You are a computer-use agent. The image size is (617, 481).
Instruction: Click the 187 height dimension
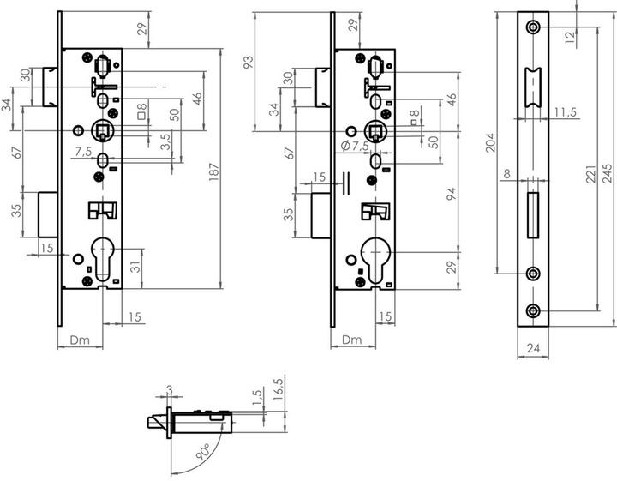[213, 171]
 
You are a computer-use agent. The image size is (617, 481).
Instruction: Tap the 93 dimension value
[249, 63]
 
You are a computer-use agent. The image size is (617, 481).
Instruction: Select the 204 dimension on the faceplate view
[490, 142]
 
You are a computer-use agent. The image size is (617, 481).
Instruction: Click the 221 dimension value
[590, 173]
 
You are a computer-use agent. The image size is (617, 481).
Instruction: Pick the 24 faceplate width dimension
[533, 348]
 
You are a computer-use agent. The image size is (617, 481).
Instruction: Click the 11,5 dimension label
[566, 112]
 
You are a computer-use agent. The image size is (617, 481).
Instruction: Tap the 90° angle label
[203, 451]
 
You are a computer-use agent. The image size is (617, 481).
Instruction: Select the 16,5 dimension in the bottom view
[279, 389]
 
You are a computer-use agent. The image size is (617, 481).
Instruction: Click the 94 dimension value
[452, 194]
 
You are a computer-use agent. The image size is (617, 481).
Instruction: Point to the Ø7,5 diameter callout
[355, 146]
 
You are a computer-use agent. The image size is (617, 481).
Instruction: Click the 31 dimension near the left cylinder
[135, 267]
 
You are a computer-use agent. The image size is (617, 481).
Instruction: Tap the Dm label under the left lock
[80, 340]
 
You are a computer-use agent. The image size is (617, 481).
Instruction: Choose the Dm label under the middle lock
[352, 340]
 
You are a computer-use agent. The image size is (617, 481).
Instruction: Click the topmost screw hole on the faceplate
[533, 27]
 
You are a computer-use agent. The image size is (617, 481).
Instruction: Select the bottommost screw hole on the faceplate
[533, 310]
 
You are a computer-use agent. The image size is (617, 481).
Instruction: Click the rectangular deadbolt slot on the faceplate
[533, 215]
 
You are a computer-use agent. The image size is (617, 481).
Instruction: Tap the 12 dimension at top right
[569, 38]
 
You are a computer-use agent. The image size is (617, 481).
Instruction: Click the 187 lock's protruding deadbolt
[48, 214]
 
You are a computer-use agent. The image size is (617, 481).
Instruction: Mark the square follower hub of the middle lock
[375, 130]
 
